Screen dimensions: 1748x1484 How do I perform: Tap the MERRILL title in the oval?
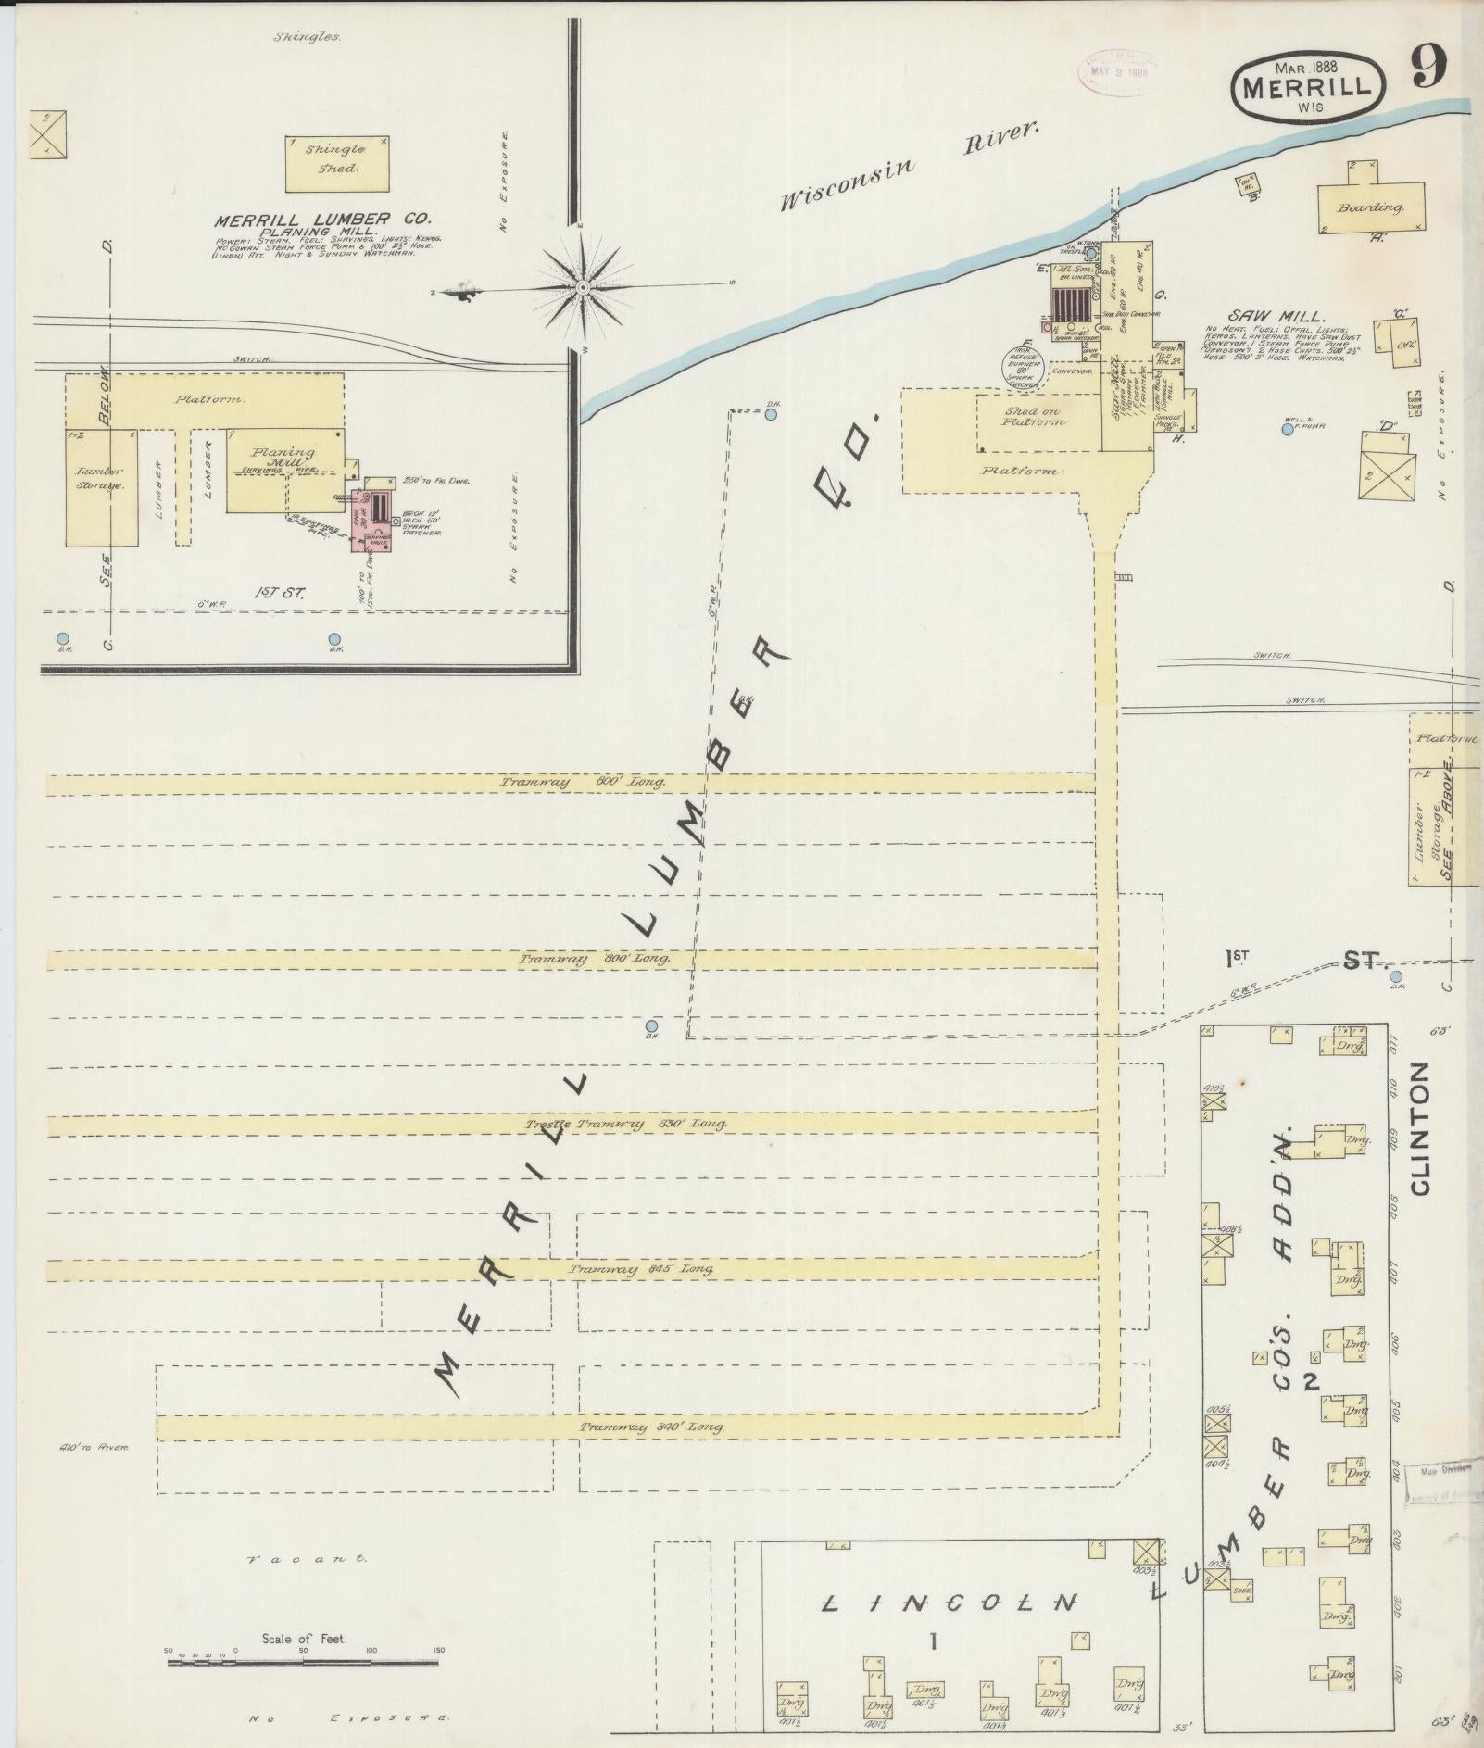(x=1307, y=89)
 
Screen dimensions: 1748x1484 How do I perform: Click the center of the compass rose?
(x=583, y=289)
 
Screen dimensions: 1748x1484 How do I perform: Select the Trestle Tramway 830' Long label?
(x=625, y=1124)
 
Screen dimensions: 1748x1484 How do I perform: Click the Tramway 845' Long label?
(x=641, y=1269)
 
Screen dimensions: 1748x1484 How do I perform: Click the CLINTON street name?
(x=1421, y=1129)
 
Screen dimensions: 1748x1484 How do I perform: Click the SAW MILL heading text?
(x=1264, y=317)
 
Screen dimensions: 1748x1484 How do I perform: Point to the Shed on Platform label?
(x=1032, y=417)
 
